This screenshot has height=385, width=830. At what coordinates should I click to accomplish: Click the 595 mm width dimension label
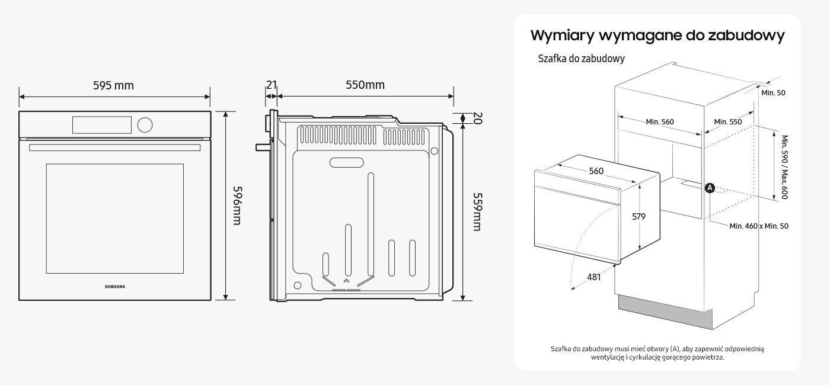[113, 85]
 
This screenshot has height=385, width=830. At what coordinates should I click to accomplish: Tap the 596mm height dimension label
[237, 205]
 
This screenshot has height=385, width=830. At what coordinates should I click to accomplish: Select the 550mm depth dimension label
[365, 85]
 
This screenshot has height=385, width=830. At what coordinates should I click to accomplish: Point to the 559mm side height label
[477, 211]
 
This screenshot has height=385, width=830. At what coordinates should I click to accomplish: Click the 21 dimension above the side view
[271, 85]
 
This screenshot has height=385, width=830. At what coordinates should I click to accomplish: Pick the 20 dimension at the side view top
[476, 118]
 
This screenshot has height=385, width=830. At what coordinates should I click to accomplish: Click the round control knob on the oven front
[144, 124]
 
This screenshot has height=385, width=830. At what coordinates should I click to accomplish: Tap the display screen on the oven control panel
[101, 124]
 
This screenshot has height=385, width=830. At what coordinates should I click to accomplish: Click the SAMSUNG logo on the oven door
[115, 287]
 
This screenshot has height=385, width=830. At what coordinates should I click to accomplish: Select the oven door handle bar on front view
[115, 147]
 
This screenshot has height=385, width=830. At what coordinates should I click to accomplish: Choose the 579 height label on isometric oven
[638, 217]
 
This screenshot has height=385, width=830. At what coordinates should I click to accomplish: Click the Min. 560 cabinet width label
[660, 121]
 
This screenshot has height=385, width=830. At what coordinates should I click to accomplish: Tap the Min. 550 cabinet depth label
[727, 121]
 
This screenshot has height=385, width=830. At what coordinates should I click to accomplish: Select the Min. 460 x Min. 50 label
[759, 226]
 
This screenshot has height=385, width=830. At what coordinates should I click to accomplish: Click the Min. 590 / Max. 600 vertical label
[784, 167]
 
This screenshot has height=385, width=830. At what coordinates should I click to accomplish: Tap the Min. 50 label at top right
[772, 92]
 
